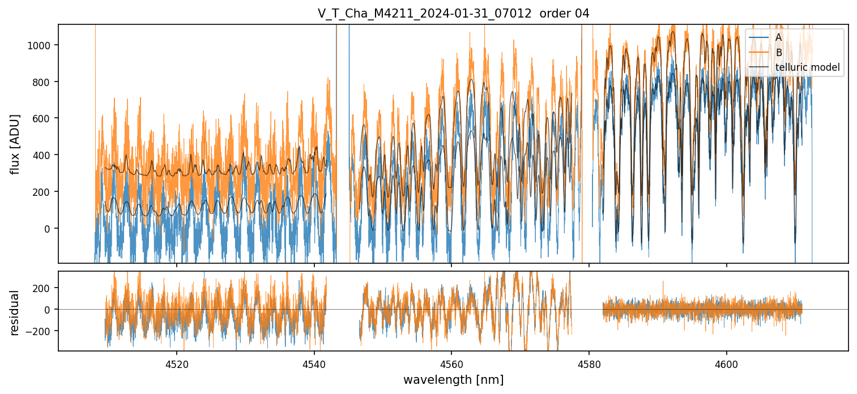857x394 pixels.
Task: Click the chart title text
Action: [x=453, y=14]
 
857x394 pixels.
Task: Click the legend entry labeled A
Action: [x=778, y=37]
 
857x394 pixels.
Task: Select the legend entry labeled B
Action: [x=778, y=53]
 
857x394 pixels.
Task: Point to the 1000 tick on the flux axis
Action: [x=42, y=45]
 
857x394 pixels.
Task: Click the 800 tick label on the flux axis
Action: [x=45, y=82]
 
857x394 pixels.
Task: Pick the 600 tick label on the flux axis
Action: [x=45, y=118]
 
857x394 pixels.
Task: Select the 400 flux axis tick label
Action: [x=45, y=155]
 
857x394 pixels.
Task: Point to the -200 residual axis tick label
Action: [x=42, y=331]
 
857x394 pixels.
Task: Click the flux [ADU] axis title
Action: [x=16, y=144]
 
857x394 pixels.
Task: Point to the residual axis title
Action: [x=16, y=312]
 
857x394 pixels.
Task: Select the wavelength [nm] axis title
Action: [x=453, y=379]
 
